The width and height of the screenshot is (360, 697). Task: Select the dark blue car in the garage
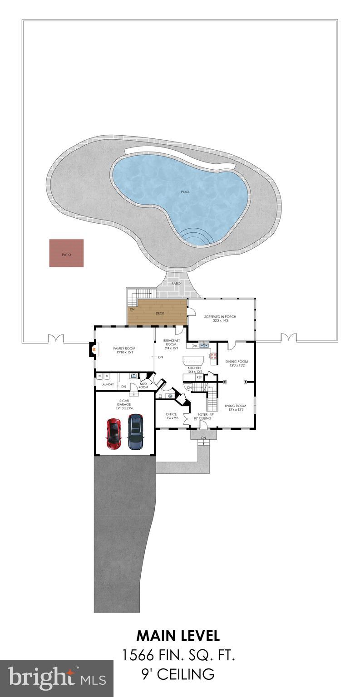[135, 431]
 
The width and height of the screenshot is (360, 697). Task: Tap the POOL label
[186, 192]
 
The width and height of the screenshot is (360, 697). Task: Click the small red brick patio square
[66, 253]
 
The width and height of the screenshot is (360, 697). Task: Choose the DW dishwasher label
[195, 346]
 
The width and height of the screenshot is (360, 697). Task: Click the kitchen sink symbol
[204, 346]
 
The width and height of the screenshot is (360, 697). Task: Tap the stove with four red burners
[213, 357]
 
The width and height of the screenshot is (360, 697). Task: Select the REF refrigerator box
[199, 377]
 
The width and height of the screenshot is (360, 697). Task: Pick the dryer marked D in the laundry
[107, 376]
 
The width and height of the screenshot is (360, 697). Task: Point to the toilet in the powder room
[161, 396]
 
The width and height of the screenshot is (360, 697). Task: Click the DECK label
[160, 313]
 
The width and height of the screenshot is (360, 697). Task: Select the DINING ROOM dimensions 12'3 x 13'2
[236, 365]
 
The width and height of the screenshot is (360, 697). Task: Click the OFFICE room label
[171, 414]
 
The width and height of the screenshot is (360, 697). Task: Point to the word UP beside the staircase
[212, 414]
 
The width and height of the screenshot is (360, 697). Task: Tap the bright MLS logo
[57, 678]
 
